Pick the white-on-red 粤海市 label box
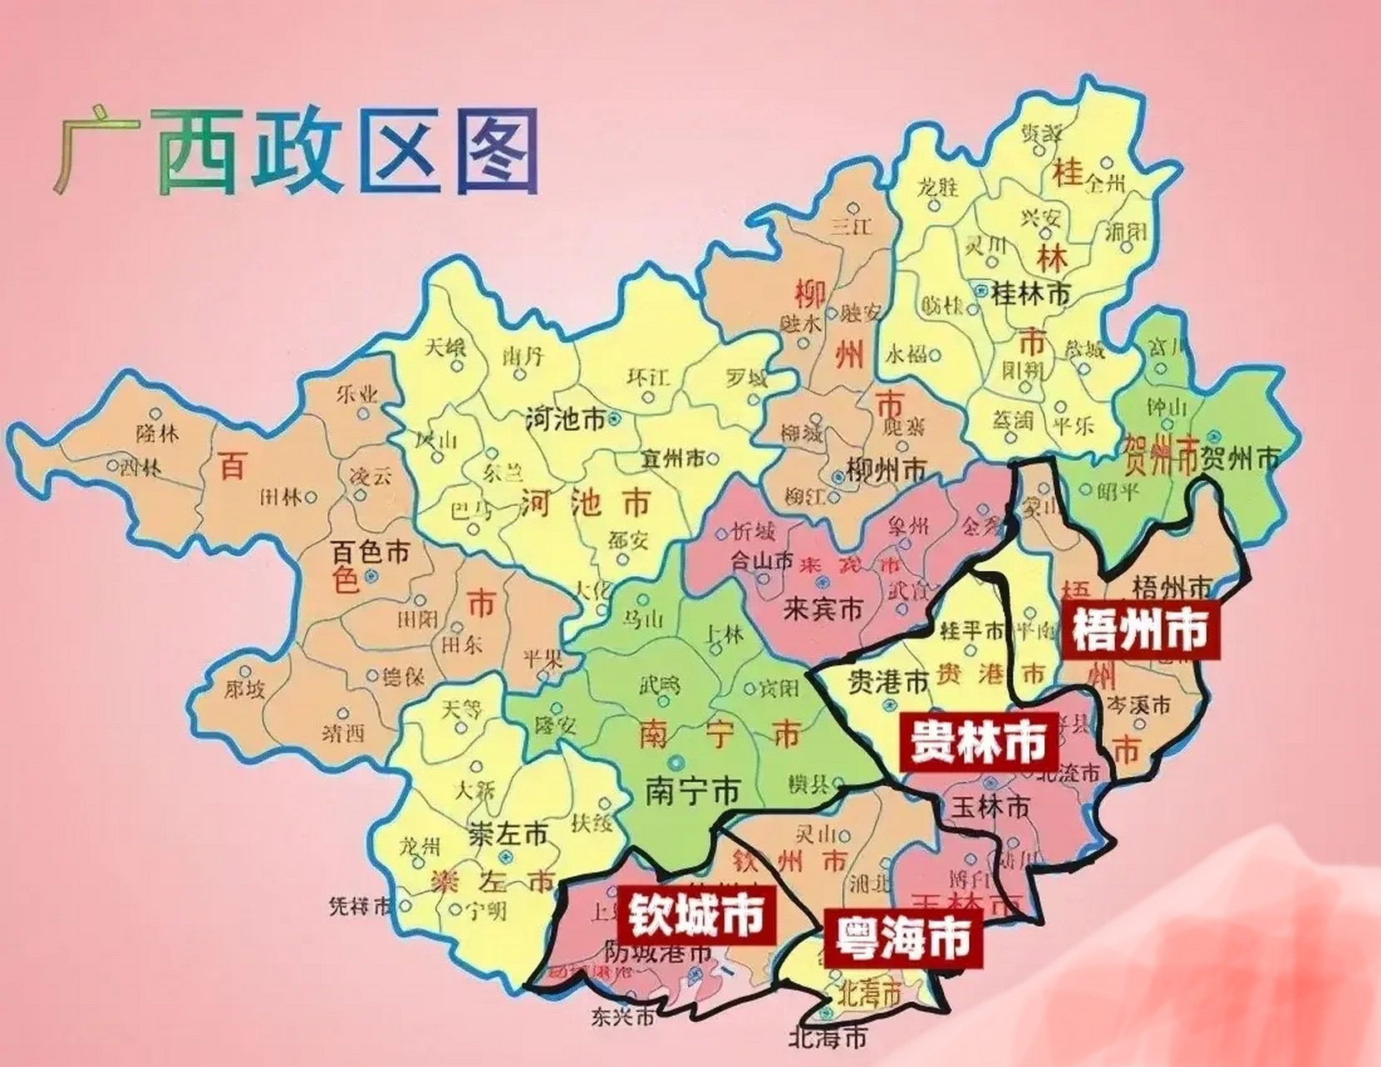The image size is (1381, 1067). pyautogui.click(x=902, y=938)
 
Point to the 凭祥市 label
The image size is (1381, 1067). pyautogui.click(x=360, y=907)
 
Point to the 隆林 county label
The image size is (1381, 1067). pyautogui.click(x=157, y=433)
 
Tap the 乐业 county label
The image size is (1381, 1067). pyautogui.click(x=357, y=394)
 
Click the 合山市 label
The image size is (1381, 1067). pyautogui.click(x=761, y=561)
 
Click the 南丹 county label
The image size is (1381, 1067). pyautogui.click(x=523, y=357)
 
